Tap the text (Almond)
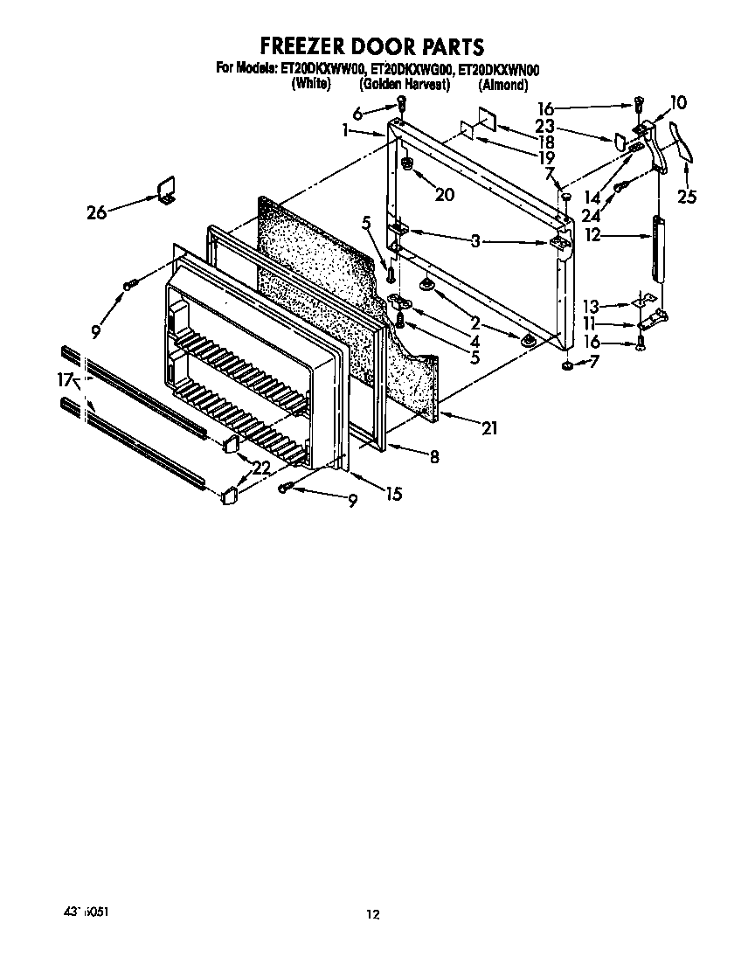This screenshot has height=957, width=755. click(502, 85)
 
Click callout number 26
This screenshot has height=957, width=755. click(97, 211)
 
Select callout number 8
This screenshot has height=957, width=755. click(433, 455)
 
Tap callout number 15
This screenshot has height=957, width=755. click(393, 494)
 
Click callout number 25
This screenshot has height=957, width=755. click(687, 197)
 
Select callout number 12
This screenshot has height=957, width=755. click(594, 234)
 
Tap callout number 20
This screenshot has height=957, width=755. click(444, 195)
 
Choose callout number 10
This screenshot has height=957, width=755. click(678, 103)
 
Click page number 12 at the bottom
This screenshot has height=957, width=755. click(373, 915)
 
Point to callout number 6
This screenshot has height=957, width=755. click(357, 113)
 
